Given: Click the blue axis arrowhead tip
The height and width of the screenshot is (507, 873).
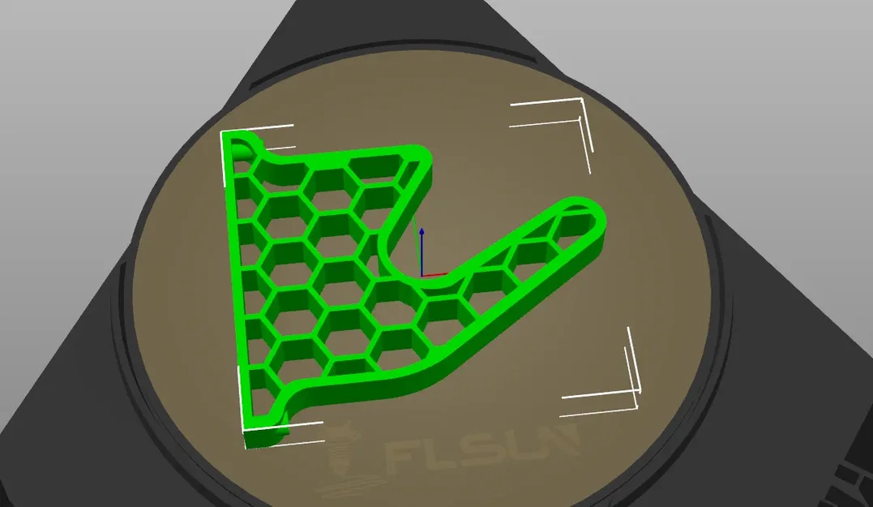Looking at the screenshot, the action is tap(422, 229).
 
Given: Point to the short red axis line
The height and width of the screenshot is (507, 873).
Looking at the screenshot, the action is tap(434, 274).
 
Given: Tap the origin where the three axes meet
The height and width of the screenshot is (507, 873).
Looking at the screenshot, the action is tap(422, 275).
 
